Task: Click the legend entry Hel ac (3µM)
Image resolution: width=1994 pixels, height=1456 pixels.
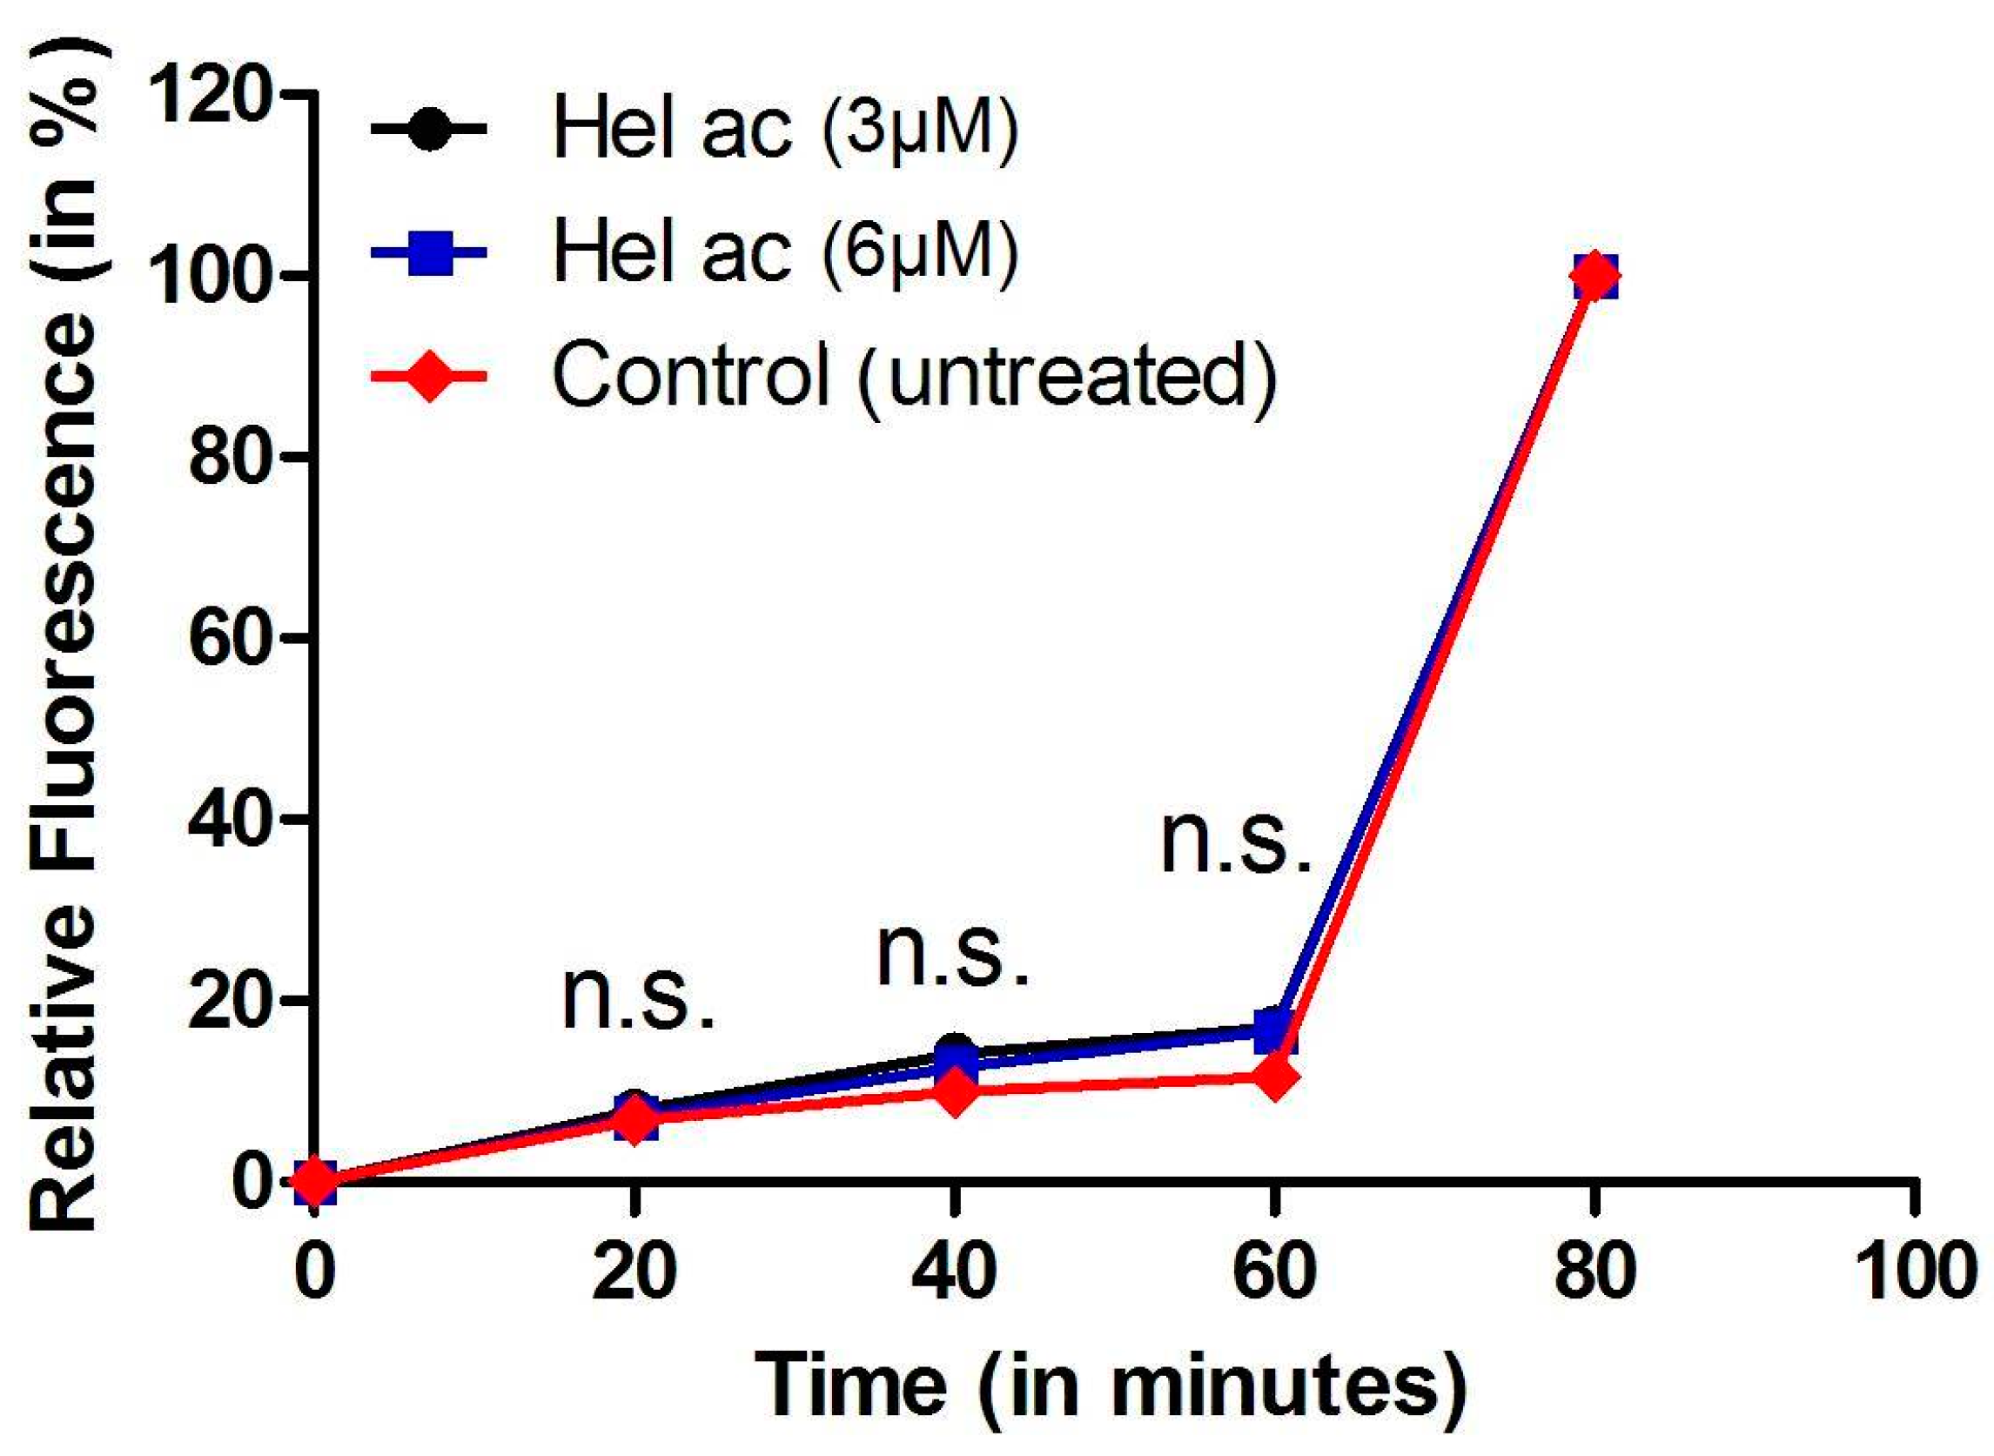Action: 784,130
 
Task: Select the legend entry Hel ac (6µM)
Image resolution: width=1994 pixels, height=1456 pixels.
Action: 784,253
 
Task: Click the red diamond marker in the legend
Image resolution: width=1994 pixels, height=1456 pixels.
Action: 429,376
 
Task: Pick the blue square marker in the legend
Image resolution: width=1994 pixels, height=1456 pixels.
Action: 429,253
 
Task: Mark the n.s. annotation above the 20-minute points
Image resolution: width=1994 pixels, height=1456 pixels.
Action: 637,998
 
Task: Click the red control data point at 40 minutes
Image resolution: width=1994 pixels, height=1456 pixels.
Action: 954,1093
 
